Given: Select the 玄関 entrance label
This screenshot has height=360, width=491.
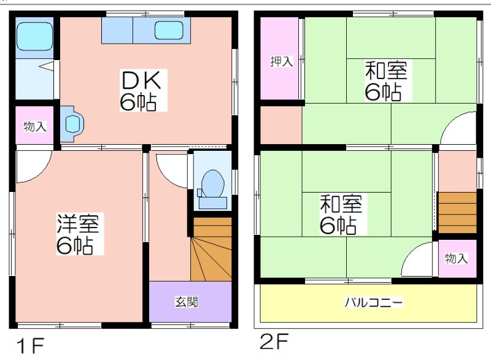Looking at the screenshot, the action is pyautogui.click(x=187, y=302).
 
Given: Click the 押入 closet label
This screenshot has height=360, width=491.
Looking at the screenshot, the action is pyautogui.click(x=282, y=61).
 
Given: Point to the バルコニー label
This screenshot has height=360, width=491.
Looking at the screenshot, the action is pyautogui.click(x=374, y=302).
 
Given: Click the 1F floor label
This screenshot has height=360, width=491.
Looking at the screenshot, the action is pyautogui.click(x=30, y=345).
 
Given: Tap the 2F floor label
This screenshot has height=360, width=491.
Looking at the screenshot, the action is pyautogui.click(x=274, y=341).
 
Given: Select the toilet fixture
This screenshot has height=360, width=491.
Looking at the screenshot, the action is pyautogui.click(x=212, y=190).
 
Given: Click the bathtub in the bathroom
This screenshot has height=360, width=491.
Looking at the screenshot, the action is pyautogui.click(x=34, y=36).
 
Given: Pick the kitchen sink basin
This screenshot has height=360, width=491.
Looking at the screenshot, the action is pyautogui.click(x=169, y=30).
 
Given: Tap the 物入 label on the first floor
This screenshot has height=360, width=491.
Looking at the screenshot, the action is pyautogui.click(x=35, y=127).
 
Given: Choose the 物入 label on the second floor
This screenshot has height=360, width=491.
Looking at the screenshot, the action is pyautogui.click(x=457, y=258).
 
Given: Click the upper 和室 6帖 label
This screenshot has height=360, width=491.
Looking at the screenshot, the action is pyautogui.click(x=387, y=81).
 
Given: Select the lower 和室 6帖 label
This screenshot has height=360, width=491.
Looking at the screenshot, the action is pyautogui.click(x=341, y=214).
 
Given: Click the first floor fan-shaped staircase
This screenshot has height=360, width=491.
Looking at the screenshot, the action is pyautogui.click(x=211, y=249).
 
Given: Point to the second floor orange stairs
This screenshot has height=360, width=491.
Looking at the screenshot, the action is pyautogui.click(x=457, y=213).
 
